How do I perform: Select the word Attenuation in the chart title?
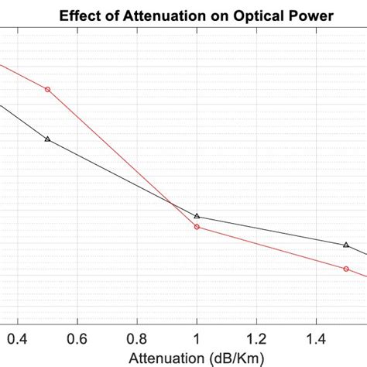(162, 15)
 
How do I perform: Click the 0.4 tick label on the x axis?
(17, 338)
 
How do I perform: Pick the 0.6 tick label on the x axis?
(77, 338)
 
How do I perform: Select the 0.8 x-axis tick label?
(136, 338)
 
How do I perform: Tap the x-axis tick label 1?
(197, 338)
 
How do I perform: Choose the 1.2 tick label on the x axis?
(256, 338)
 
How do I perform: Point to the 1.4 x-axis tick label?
(316, 338)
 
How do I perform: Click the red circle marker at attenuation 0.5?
(47, 90)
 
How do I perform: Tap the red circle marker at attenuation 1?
(197, 227)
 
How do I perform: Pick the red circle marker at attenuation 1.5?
(346, 269)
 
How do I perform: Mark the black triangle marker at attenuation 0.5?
(47, 139)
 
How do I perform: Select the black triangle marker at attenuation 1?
(197, 216)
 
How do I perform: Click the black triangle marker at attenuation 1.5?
(346, 244)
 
